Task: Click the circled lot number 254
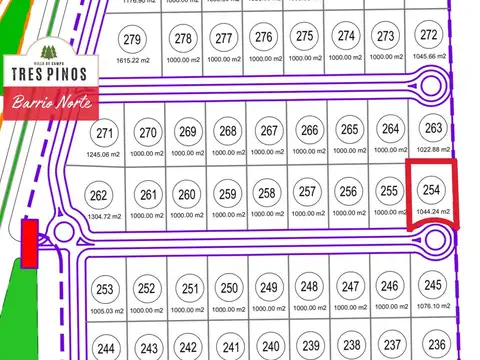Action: (432, 190)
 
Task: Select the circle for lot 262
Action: (98, 195)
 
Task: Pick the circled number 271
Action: (104, 133)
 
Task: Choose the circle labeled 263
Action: (432, 128)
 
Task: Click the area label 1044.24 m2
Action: (432, 212)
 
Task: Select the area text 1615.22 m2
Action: (132, 61)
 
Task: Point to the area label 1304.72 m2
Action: (103, 216)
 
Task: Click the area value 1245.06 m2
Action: (104, 154)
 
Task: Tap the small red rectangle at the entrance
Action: (30, 244)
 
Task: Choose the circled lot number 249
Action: (269, 288)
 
